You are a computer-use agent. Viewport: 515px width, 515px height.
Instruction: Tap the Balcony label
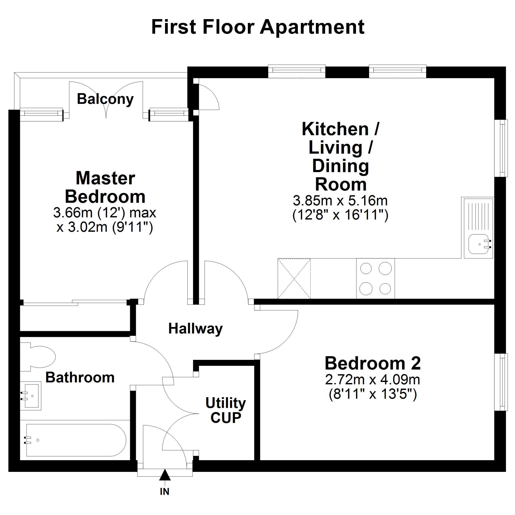coord(105,99)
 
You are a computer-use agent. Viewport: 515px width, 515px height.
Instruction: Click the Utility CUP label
coord(226,410)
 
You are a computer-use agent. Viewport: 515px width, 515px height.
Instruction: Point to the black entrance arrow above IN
coord(165,475)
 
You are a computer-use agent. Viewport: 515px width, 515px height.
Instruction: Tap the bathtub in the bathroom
coord(76,440)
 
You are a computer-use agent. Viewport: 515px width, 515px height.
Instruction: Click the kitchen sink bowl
coord(479,244)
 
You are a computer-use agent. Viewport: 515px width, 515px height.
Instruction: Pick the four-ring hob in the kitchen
coord(375,279)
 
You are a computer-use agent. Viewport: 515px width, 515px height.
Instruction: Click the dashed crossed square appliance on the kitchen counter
coord(294,279)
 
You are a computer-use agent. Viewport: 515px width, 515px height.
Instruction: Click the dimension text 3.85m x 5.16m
coord(340,201)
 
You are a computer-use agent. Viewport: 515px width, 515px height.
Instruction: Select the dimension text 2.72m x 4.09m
coord(372,380)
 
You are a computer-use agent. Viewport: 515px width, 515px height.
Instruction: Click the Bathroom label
coord(80,377)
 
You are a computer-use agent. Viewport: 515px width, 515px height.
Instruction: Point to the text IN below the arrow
coord(165,492)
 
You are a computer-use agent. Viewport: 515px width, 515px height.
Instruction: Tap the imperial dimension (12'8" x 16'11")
coord(340,215)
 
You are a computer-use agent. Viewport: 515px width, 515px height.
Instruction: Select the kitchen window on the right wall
coord(500,148)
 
